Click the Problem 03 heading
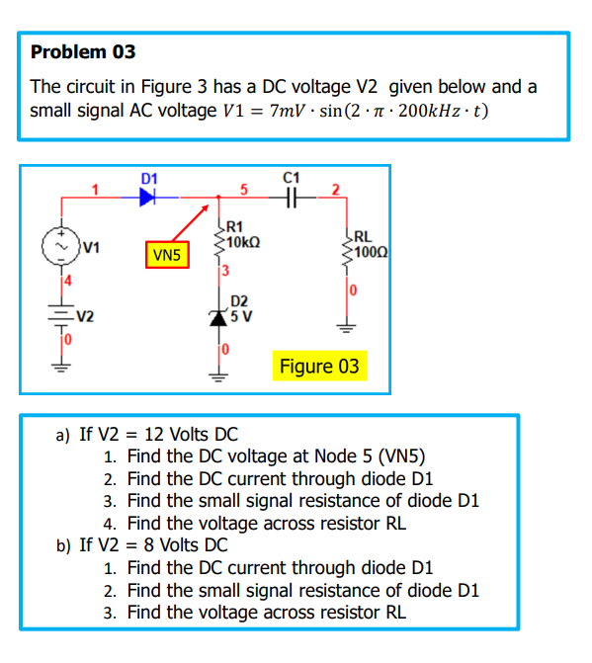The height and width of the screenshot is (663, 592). point(83,51)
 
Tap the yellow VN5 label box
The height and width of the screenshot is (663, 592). point(167,256)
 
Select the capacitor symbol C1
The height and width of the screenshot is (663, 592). point(290,197)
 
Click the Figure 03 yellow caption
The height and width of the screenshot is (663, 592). point(319,367)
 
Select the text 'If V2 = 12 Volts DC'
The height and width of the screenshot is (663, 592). point(158,434)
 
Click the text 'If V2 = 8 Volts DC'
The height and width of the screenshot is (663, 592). point(153,545)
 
